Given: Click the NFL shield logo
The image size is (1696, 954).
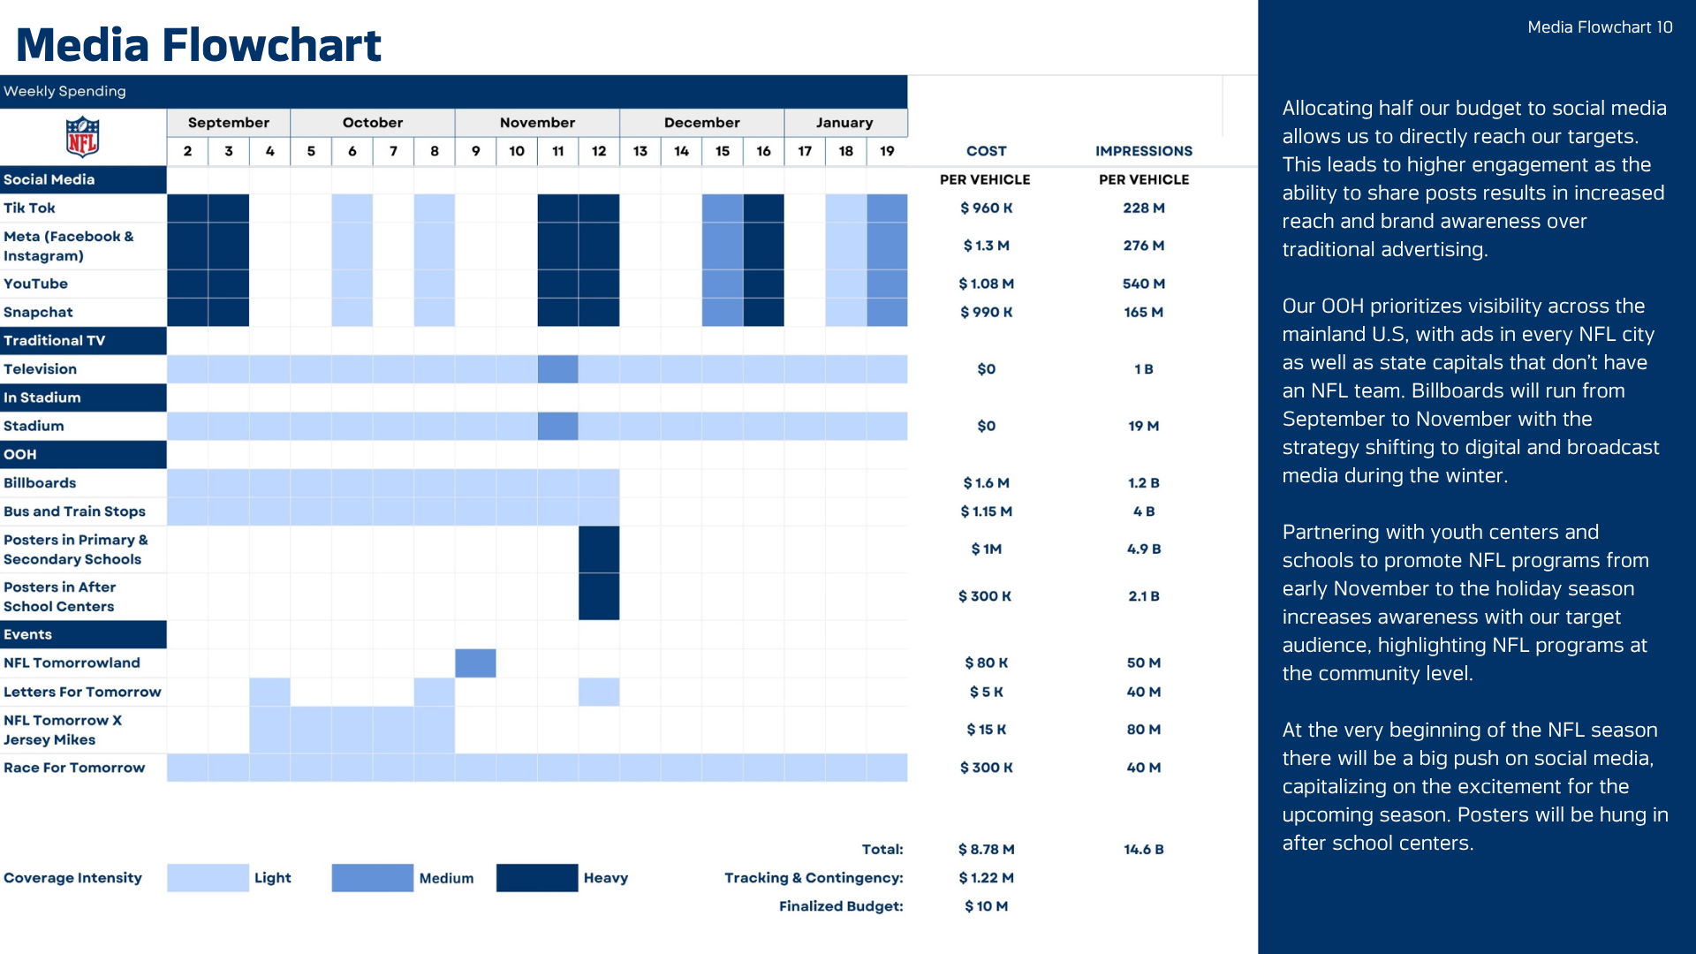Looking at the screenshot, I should [x=82, y=137].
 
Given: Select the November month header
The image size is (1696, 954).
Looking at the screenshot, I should [x=537, y=123].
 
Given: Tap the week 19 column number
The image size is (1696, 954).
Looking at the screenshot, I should [x=887, y=151].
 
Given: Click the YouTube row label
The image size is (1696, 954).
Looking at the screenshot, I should [x=35, y=284].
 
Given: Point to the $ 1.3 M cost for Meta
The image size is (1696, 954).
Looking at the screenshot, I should [x=986, y=246].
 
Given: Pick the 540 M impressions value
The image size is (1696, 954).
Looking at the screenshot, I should [x=1143, y=284].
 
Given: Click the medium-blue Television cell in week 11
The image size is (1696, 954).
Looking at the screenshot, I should [x=557, y=369].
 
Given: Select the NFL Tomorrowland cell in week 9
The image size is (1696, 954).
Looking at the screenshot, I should [x=475, y=663].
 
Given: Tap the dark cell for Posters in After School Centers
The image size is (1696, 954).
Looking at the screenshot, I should [x=599, y=596].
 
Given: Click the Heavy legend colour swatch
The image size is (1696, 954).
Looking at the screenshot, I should [x=537, y=878].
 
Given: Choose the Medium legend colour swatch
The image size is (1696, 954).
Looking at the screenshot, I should [x=372, y=878].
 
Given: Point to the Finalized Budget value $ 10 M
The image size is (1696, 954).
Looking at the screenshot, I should [x=986, y=906].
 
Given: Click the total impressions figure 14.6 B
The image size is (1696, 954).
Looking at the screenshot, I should [x=1143, y=850].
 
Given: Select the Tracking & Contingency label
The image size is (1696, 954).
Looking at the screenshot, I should [x=814, y=878].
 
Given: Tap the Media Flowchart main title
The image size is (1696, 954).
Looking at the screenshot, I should [x=199, y=45].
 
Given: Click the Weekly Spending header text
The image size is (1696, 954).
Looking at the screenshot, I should [x=64, y=91].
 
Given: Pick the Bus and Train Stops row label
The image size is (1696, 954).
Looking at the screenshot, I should [x=74, y=511].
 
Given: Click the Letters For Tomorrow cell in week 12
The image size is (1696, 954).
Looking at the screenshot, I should [x=599, y=692].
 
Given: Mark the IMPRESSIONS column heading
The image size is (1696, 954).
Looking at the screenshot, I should [x=1143, y=151].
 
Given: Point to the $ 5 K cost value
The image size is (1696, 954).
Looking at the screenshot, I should [x=986, y=692].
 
